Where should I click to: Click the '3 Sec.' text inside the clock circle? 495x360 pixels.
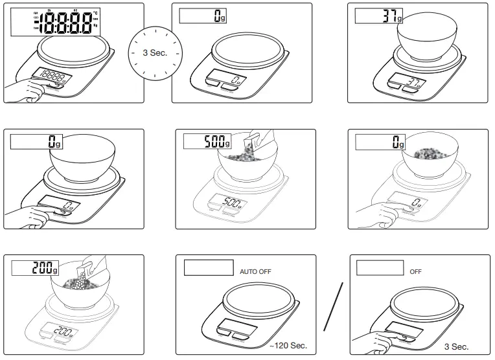155,52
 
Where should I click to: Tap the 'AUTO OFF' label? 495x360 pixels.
256,271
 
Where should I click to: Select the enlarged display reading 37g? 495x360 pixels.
376,17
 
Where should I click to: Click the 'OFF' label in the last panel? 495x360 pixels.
415,271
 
